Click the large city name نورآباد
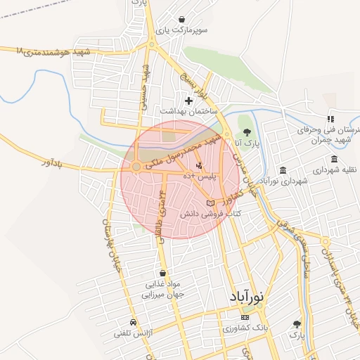point(246,297)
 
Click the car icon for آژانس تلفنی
point(134,322)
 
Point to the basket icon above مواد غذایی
point(163,274)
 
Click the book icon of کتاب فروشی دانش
point(210,202)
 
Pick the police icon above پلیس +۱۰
point(199,165)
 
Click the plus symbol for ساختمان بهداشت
point(188,101)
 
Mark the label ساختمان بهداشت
point(188,112)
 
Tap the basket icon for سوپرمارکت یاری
point(183,20)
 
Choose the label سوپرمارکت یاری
point(183,31)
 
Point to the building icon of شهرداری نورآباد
point(283,171)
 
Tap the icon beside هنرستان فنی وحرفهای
point(330,120)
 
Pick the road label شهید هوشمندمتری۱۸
point(53,52)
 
